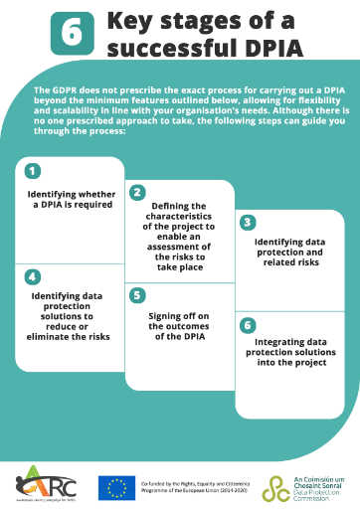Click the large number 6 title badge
tap(72, 32)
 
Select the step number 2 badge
tap(137, 192)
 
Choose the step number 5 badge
tap(137, 295)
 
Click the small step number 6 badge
tap(248, 324)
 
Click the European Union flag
tap(115, 487)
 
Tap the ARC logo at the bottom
tap(37, 485)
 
